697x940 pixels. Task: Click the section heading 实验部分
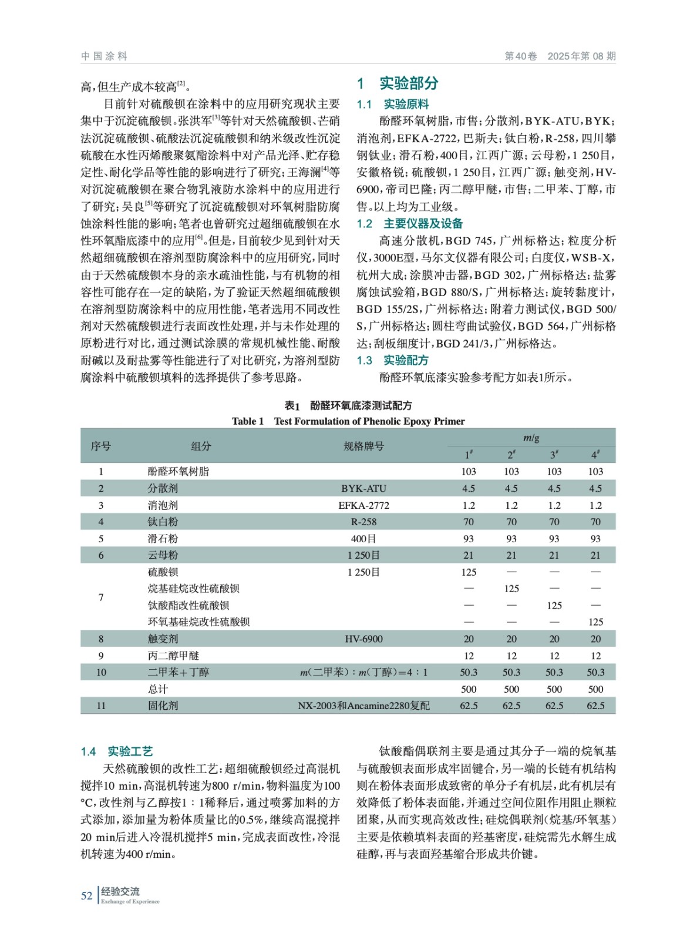pos(408,83)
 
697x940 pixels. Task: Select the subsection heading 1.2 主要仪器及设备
pos(409,224)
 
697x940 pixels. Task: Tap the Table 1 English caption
pos(348,421)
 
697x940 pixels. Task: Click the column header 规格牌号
pos(363,446)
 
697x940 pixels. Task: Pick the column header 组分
pos(201,446)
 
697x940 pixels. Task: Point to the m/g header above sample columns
pos(531,438)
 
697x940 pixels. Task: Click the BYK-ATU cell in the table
pos(363,488)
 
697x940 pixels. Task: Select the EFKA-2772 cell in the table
pos(363,505)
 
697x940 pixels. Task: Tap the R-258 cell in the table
pos(363,522)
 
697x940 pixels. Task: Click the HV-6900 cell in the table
pos(363,639)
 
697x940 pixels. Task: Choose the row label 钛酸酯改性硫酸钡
pos(188,605)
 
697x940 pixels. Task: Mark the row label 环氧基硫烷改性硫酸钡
pos(198,622)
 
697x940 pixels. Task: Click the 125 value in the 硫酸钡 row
pos(469,572)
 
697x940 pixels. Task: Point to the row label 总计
pos(157,689)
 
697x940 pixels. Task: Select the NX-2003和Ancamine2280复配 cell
pos(363,706)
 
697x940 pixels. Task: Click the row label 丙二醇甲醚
pos(173,656)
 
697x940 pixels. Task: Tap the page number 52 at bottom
pos(86,895)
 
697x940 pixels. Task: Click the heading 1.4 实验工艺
pos(116,751)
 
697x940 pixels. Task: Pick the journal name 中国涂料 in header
pos(104,56)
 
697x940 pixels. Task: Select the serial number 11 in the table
pos(101,706)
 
